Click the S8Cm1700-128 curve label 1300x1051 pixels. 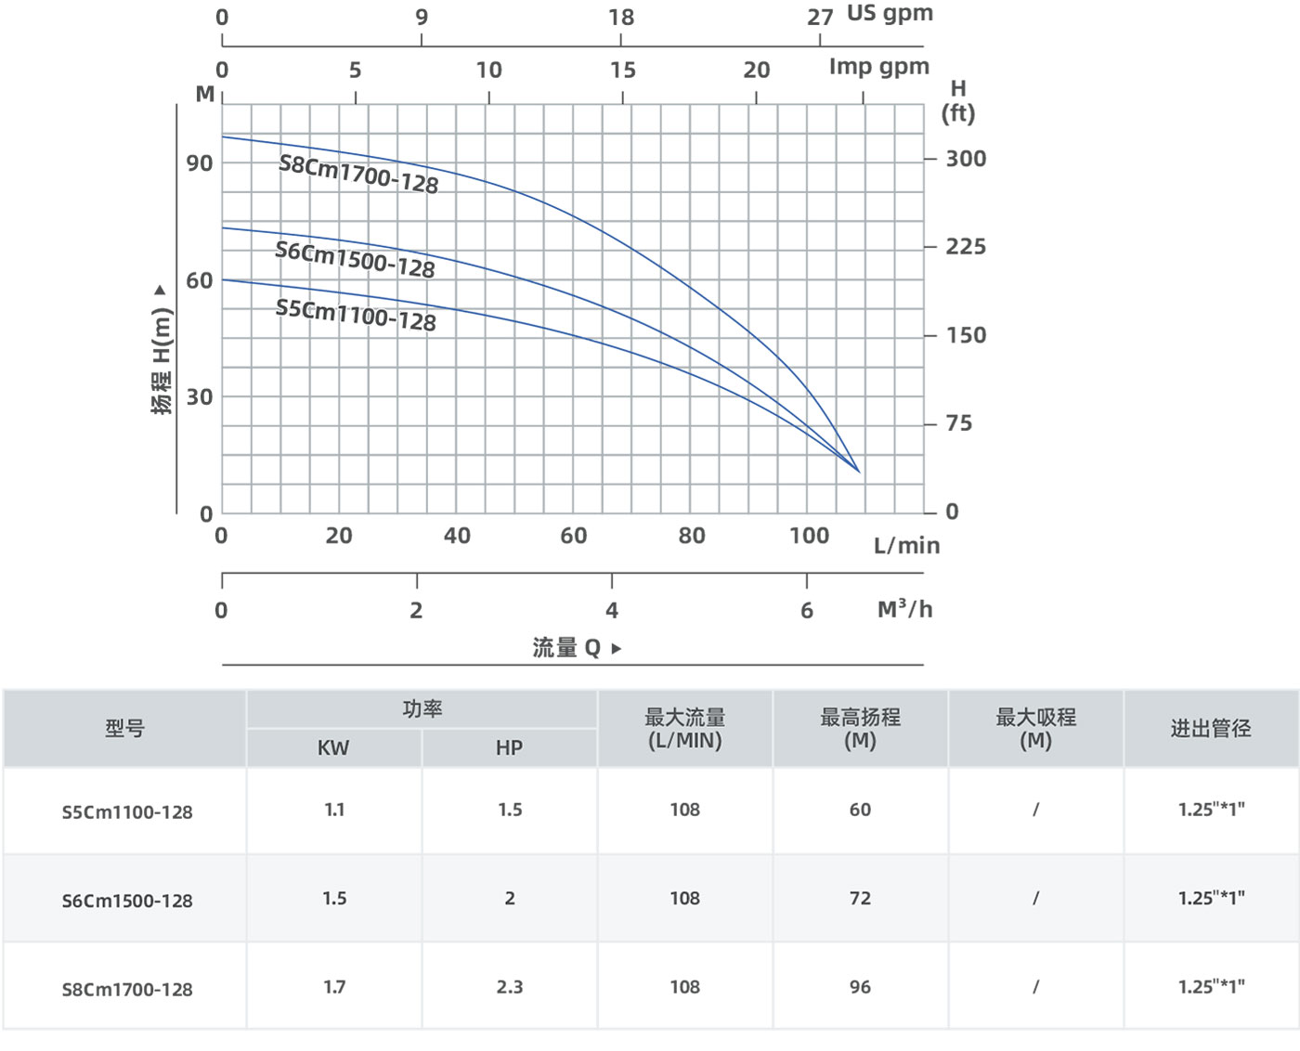(x=358, y=174)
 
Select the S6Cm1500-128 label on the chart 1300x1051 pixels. (x=355, y=259)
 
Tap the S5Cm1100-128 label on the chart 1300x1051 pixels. (x=356, y=314)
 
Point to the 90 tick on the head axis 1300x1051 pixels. (x=200, y=163)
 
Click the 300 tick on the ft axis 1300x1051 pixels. (x=966, y=159)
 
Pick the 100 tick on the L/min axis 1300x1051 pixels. (x=809, y=536)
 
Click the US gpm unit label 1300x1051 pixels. (x=890, y=14)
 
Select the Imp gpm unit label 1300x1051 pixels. (x=878, y=67)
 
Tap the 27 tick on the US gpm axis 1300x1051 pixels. (x=820, y=18)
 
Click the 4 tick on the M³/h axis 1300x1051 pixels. (x=612, y=610)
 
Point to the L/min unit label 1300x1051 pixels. (x=906, y=546)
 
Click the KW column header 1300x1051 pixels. (x=333, y=748)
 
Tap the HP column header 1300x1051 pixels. (x=509, y=748)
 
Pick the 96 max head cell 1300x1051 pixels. (x=860, y=987)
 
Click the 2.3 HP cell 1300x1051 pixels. (x=509, y=987)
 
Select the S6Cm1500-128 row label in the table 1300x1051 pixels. (x=127, y=901)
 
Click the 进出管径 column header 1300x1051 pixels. (x=1211, y=729)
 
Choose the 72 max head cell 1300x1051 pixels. (x=860, y=899)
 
